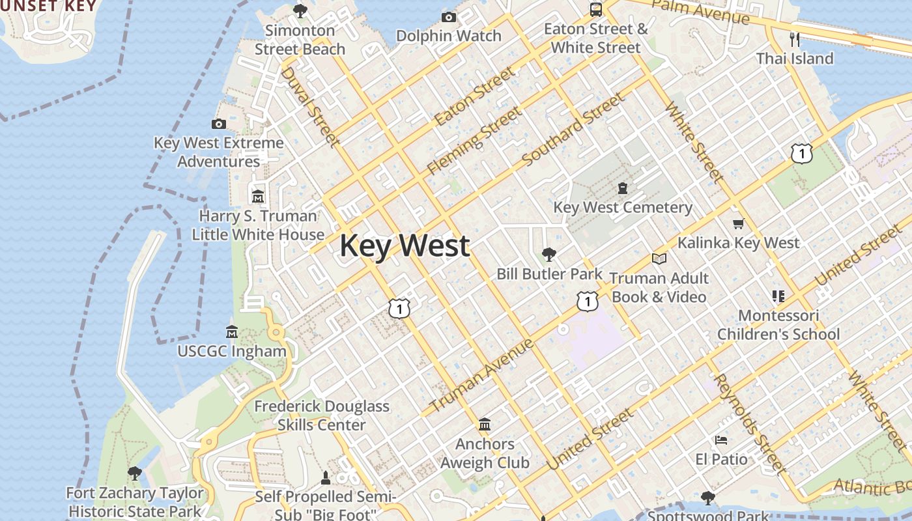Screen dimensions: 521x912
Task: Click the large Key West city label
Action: click(405, 246)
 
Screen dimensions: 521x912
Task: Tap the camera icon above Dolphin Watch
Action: click(448, 17)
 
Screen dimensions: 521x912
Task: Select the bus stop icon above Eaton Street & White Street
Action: click(595, 9)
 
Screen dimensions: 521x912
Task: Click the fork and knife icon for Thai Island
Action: click(794, 39)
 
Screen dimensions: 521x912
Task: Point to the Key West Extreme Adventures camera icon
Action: click(219, 124)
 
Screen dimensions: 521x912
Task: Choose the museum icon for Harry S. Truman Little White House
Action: click(258, 196)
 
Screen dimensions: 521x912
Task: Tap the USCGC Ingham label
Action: click(232, 351)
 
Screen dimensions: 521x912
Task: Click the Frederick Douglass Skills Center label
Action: click(322, 415)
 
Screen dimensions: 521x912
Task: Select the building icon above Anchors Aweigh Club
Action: click(484, 425)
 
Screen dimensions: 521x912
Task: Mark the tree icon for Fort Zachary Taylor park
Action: click(135, 473)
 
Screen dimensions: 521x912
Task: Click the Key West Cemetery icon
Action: click(623, 188)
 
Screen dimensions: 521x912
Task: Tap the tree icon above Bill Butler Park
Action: click(549, 255)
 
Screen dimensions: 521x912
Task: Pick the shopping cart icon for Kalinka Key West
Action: click(738, 224)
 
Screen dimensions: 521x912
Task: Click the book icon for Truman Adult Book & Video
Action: click(659, 259)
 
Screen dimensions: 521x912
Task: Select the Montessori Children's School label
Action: click(778, 325)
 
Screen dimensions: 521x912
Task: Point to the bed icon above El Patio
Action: click(720, 440)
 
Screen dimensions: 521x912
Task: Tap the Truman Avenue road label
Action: click(481, 376)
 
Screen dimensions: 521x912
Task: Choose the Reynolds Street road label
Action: click(750, 423)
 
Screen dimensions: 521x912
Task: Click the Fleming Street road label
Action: click(474, 141)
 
